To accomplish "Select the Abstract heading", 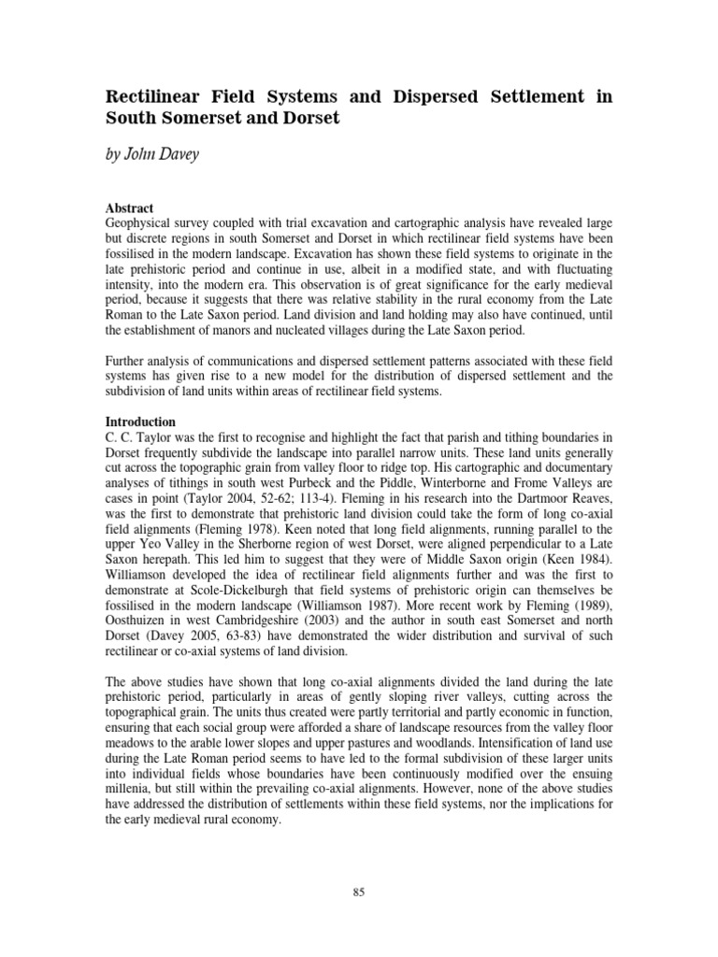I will pyautogui.click(x=130, y=207).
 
